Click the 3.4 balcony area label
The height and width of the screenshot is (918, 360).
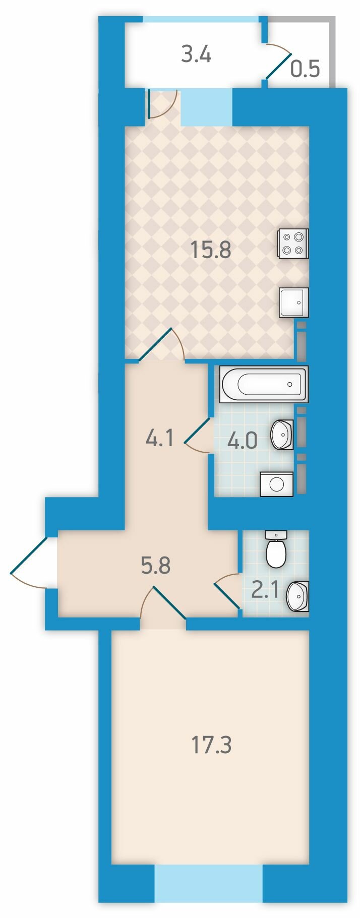(196, 54)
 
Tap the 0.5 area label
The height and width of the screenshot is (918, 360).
(306, 68)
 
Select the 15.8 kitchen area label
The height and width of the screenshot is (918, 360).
(211, 250)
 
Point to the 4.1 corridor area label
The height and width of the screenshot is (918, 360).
(159, 439)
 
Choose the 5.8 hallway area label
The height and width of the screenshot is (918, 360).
(156, 566)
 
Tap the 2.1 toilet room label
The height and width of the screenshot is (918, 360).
(265, 590)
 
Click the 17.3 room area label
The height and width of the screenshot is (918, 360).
(212, 745)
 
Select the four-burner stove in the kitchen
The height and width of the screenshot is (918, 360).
(293, 244)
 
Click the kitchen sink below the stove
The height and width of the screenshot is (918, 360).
(294, 302)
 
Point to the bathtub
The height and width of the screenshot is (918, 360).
(264, 385)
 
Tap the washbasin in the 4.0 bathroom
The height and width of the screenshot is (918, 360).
(282, 435)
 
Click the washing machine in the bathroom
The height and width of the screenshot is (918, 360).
(276, 484)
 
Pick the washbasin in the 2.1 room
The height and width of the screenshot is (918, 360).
(297, 596)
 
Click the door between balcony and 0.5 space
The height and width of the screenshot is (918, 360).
(278, 62)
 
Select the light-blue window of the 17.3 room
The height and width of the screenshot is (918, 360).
(209, 884)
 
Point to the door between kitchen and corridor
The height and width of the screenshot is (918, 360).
(161, 345)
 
